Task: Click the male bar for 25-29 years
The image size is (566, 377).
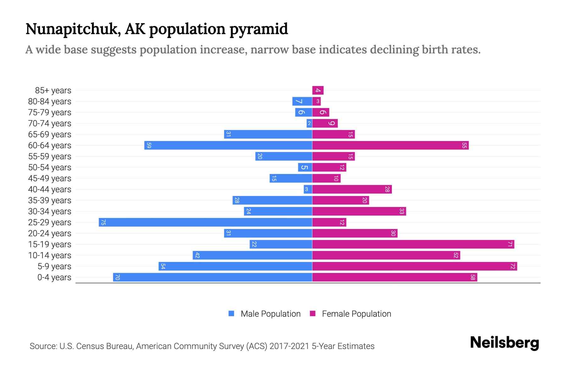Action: click(205, 222)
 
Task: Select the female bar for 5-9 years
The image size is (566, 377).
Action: click(414, 266)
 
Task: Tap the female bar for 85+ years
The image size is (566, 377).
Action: click(318, 90)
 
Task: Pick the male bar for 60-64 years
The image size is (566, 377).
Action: click(228, 145)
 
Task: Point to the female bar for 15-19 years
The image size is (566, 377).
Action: click(413, 244)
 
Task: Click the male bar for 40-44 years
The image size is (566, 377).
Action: click(308, 189)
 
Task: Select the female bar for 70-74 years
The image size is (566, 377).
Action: click(325, 123)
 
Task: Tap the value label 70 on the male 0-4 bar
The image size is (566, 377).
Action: click(117, 277)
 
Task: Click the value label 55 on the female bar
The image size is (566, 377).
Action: click(464, 145)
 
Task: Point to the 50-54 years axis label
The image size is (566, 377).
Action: click(50, 167)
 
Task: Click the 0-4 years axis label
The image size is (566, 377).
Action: click(54, 277)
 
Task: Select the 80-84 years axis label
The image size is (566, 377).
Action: click(50, 101)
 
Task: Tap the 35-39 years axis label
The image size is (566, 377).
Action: click(50, 200)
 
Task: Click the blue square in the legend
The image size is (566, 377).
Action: click(231, 314)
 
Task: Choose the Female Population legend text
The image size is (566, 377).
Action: click(356, 314)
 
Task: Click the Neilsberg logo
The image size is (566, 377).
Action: click(504, 343)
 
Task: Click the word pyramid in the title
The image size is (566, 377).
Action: click(258, 29)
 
